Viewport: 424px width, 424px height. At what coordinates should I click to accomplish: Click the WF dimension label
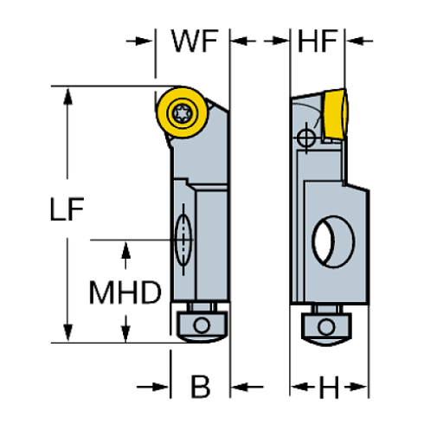pyautogui.click(x=194, y=40)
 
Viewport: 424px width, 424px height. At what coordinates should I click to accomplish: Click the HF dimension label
pyautogui.click(x=317, y=40)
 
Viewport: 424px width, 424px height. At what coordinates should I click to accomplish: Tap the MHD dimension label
pyautogui.click(x=126, y=292)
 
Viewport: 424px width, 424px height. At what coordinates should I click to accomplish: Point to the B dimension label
pyautogui.click(x=200, y=386)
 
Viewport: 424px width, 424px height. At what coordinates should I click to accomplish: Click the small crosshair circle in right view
pyautogui.click(x=305, y=138)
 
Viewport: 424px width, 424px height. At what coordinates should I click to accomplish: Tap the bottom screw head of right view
pyautogui.click(x=326, y=325)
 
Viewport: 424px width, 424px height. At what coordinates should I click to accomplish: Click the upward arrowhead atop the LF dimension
pyautogui.click(x=67, y=96)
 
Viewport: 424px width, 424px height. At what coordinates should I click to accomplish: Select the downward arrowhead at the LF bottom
pyautogui.click(x=67, y=332)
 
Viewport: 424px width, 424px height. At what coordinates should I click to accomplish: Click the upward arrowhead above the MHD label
pyautogui.click(x=127, y=250)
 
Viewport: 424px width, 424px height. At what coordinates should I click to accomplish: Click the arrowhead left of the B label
pyautogui.click(x=161, y=386)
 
